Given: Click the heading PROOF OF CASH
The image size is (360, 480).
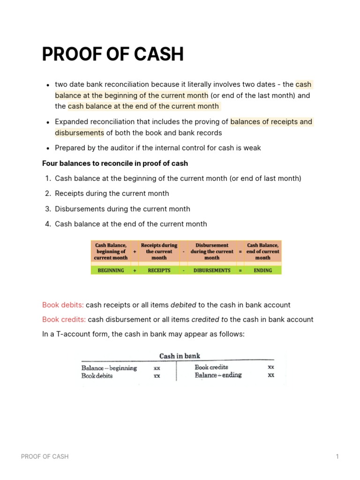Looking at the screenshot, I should click(x=112, y=55).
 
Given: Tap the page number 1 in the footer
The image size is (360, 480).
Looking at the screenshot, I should click(x=337, y=457).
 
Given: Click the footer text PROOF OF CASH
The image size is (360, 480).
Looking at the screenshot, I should click(x=45, y=457).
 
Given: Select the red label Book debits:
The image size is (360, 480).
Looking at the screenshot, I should click(x=63, y=305).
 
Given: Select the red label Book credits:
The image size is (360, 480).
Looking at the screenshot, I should click(x=64, y=320).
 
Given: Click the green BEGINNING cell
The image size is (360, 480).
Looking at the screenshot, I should click(x=111, y=270).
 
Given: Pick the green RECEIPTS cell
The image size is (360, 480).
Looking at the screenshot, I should click(x=159, y=270).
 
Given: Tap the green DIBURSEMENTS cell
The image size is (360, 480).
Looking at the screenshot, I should click(x=211, y=270).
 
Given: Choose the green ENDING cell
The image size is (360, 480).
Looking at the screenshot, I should click(x=262, y=270).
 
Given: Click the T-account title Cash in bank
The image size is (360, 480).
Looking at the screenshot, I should click(x=180, y=356).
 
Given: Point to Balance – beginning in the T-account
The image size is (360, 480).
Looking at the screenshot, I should click(x=109, y=368).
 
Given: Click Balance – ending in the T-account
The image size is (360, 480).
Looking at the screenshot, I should click(x=218, y=375).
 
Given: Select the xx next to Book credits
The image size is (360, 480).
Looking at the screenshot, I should click(x=270, y=367).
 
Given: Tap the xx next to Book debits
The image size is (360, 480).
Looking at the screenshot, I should click(x=157, y=375).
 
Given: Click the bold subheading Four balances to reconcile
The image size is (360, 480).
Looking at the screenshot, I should click(x=115, y=163).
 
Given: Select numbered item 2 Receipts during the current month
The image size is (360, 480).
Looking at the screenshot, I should click(x=112, y=194).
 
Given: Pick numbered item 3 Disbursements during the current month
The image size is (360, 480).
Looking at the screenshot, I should click(x=122, y=209).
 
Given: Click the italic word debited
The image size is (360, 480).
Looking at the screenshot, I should click(x=183, y=305).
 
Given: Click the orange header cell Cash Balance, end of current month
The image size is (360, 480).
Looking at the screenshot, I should click(x=262, y=251).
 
